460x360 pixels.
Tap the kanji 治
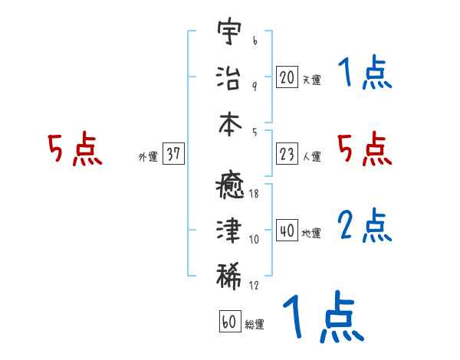228,77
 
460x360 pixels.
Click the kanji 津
228,231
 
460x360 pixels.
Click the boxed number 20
287,77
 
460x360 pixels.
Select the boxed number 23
287,154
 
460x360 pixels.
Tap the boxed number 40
287,231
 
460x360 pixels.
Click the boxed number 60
230,322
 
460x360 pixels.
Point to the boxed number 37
173,154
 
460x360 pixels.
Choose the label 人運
311,157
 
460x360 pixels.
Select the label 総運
255,325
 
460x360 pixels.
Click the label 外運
148,157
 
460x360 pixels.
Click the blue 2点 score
365,226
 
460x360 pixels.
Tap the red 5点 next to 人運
365,149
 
